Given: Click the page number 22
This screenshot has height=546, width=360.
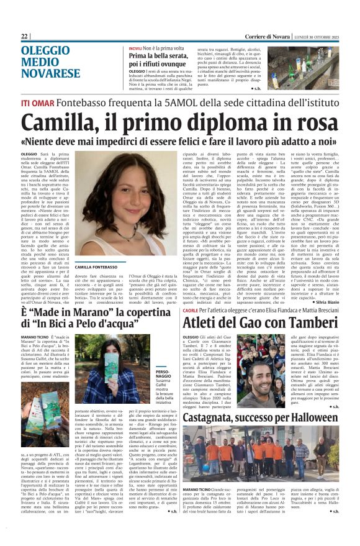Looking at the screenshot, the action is [25, 36].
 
